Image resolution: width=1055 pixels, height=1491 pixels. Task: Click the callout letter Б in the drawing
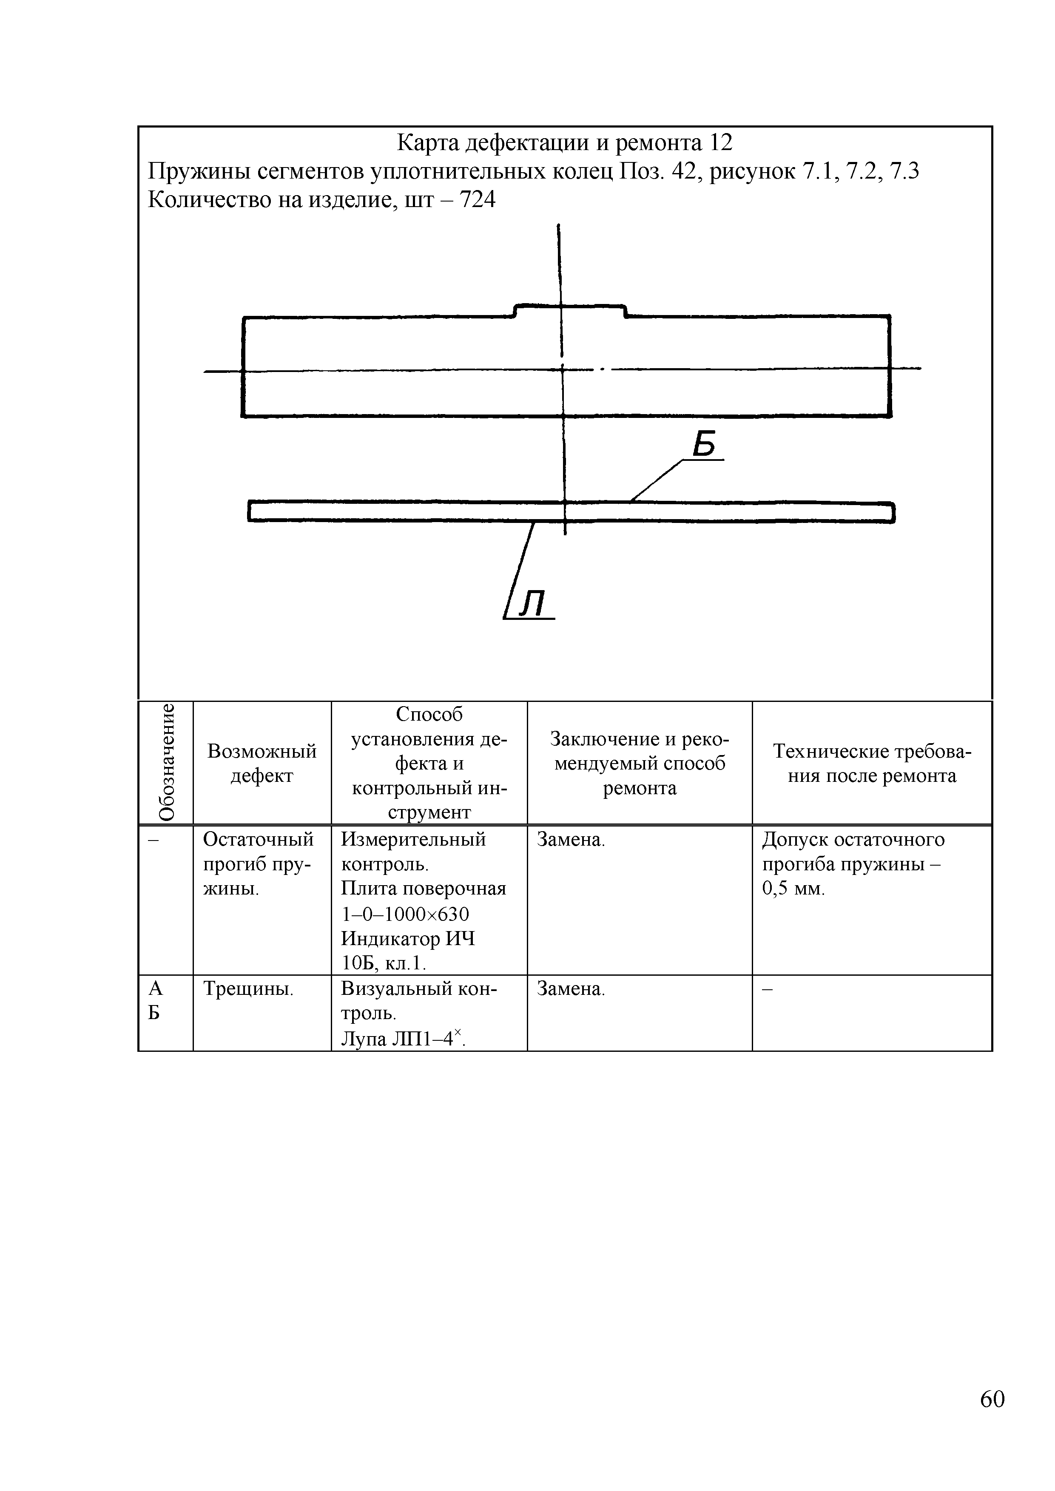coord(704,445)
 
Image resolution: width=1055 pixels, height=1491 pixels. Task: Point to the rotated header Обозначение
coord(166,762)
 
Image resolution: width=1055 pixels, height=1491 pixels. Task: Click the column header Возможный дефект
coord(262,763)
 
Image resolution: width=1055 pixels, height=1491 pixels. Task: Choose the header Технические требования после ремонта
coord(872,763)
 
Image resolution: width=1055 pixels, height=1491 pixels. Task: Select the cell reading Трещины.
coord(249,989)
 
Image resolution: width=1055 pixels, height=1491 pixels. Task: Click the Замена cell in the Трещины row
coord(571,989)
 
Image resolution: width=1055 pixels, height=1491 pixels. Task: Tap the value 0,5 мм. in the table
coord(793,889)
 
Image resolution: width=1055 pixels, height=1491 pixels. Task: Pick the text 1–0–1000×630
coord(405,914)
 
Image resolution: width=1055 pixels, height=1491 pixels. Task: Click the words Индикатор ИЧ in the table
coord(408,939)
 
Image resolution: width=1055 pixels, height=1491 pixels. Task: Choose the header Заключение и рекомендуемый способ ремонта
coord(639,763)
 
